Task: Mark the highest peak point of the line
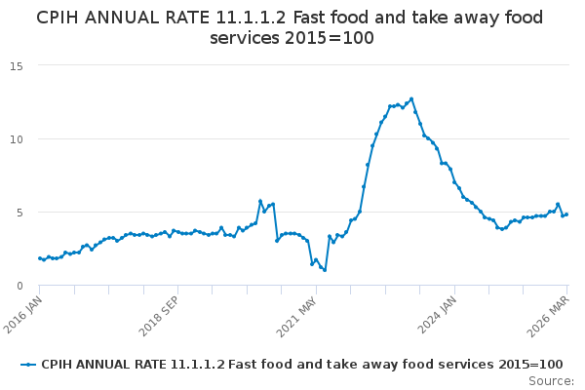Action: [x=411, y=98]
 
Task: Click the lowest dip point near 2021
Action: [x=325, y=270]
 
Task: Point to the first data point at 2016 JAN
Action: [x=40, y=258]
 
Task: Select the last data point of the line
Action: [x=566, y=214]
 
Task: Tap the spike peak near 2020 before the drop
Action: [x=260, y=201]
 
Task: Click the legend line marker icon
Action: [x=28, y=364]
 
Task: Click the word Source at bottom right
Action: [x=551, y=380]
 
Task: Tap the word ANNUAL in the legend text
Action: [x=106, y=364]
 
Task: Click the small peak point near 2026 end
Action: [x=558, y=205]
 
